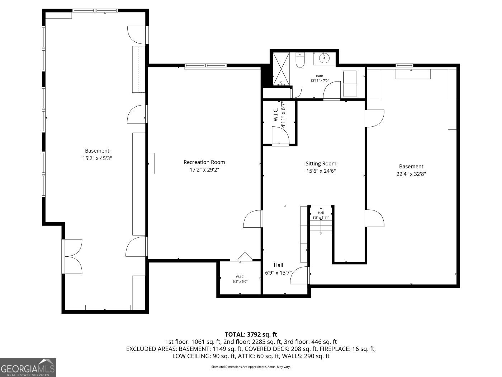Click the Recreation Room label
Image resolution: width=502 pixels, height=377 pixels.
(204, 162)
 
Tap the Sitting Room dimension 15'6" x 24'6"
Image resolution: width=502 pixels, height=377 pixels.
(321, 171)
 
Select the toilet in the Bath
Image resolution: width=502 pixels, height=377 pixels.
(300, 60)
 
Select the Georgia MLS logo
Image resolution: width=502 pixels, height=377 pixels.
(28, 367)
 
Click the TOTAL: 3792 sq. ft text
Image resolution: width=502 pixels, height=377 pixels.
(251, 335)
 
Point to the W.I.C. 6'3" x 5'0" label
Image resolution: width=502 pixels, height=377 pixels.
(240, 279)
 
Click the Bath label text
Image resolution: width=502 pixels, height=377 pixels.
(319, 76)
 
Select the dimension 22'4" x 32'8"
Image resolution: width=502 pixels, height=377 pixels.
(411, 174)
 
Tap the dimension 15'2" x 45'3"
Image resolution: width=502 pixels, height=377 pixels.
(97, 158)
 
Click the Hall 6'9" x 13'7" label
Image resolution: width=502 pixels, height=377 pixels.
(278, 269)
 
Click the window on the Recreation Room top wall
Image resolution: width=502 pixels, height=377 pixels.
(205, 66)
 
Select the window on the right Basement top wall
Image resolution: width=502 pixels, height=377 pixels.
(404, 65)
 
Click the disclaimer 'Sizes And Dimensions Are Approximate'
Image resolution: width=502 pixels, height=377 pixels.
(251, 367)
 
